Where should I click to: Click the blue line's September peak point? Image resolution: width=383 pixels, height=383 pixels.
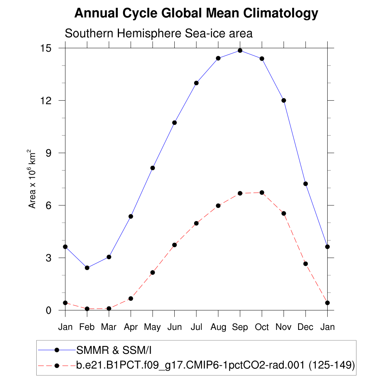point(240,50)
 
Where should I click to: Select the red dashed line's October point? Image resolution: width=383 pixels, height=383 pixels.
point(262,193)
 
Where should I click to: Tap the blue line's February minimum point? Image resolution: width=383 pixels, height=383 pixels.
point(87,268)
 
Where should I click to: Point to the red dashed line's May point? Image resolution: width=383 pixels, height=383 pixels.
point(153,272)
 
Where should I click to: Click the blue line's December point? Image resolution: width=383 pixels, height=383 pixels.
point(306,184)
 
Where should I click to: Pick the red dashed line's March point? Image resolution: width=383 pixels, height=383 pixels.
point(109,309)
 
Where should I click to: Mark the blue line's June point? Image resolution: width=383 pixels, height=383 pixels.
point(174,123)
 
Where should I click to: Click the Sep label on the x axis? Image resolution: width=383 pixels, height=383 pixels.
point(240,327)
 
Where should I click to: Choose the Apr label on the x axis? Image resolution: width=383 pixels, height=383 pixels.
point(131,327)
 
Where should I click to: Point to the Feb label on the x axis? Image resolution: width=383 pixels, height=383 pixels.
point(87,327)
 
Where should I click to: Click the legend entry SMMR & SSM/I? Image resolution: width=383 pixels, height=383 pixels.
point(114,350)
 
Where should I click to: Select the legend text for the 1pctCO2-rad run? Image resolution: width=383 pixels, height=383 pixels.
point(215,365)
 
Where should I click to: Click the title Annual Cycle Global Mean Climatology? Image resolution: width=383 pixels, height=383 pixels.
point(196,13)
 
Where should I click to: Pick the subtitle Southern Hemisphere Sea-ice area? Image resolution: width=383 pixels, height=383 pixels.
point(159,33)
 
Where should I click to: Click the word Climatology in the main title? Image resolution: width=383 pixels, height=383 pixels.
point(281,13)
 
